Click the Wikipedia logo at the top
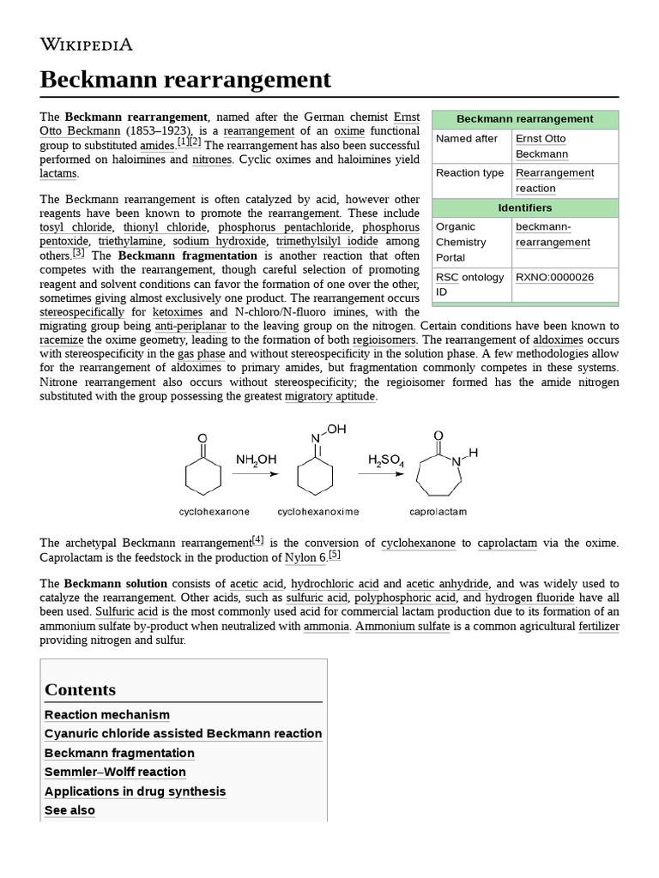click(x=87, y=45)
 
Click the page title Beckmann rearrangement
click(x=185, y=80)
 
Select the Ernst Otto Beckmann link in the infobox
click(x=541, y=147)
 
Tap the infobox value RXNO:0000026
click(x=554, y=277)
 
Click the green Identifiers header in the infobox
click(x=524, y=207)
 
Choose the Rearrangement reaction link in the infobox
click(x=554, y=180)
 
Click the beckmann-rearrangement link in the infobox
click(x=553, y=234)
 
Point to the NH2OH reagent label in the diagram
click(x=256, y=460)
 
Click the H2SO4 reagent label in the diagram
click(x=385, y=460)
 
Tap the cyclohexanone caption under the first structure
click(x=215, y=512)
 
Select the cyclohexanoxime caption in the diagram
click(x=318, y=512)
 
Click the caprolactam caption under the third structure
click(x=438, y=512)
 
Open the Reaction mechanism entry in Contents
click(x=107, y=714)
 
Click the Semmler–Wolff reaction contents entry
click(x=115, y=772)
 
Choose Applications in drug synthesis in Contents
click(x=135, y=791)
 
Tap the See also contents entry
click(x=70, y=810)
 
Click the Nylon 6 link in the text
click(x=305, y=558)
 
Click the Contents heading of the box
click(x=80, y=689)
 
